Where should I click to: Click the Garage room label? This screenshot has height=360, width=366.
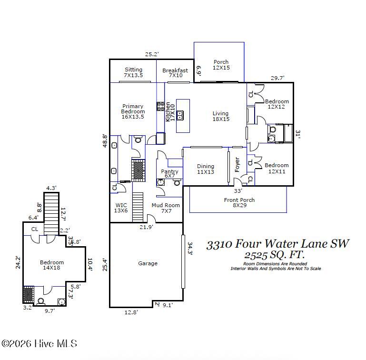click(x=148, y=263)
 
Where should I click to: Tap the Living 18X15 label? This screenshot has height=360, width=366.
click(x=220, y=116)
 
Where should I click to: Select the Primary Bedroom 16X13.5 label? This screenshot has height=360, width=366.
click(x=133, y=111)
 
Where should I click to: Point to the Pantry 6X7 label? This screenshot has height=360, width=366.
click(x=169, y=174)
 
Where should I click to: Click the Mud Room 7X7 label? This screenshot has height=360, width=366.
click(x=165, y=208)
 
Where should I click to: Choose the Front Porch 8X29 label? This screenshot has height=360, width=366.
click(x=239, y=203)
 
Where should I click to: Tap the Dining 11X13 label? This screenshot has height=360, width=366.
click(x=206, y=169)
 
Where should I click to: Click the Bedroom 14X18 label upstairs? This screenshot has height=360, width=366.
click(x=51, y=265)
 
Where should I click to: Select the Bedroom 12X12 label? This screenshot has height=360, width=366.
click(x=277, y=104)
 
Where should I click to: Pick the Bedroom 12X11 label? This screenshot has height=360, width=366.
click(x=277, y=169)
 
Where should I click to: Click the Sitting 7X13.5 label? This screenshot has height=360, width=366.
click(x=133, y=72)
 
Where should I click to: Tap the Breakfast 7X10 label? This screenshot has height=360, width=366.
click(x=175, y=73)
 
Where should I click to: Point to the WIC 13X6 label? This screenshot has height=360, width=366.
click(x=121, y=208)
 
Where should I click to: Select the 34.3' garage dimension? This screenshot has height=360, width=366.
click(x=189, y=249)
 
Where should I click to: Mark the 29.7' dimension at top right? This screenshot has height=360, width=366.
click(x=277, y=78)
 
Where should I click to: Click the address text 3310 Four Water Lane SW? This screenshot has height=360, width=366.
click(x=277, y=244)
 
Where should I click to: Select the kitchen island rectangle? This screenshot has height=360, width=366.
click(x=183, y=116)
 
